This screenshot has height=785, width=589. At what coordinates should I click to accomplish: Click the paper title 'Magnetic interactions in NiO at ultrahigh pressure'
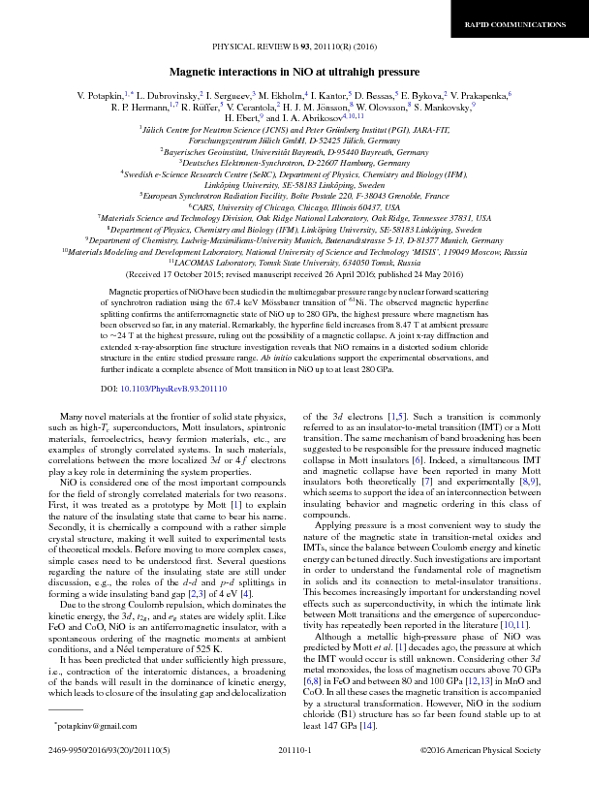(x=294, y=73)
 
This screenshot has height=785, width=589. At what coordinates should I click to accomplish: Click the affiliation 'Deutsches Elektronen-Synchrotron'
(x=294, y=164)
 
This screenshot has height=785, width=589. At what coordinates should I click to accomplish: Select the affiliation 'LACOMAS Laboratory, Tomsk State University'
(x=294, y=262)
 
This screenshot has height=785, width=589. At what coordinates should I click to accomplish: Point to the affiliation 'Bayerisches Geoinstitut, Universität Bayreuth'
(x=294, y=153)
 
